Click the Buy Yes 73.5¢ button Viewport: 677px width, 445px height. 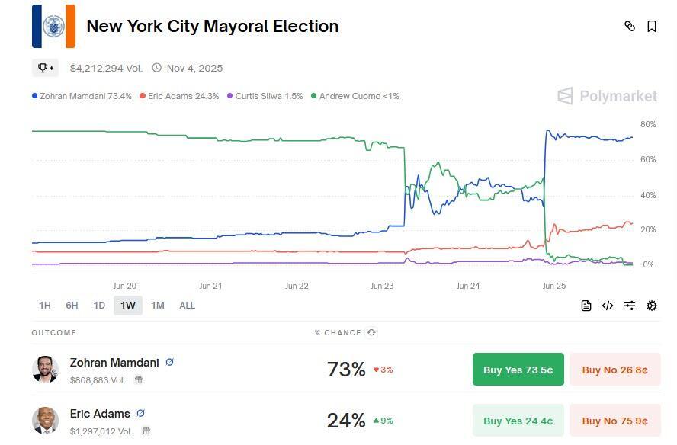click(x=518, y=370)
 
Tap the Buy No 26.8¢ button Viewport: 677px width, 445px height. click(x=614, y=370)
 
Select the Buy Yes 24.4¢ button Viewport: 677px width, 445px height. click(x=518, y=421)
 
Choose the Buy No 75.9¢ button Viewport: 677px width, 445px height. click(x=614, y=421)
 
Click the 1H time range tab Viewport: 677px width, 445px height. click(x=45, y=306)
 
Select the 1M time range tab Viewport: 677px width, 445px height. click(x=158, y=306)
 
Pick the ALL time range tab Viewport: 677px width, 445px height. click(x=187, y=306)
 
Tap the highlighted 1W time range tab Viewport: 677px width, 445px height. click(x=127, y=306)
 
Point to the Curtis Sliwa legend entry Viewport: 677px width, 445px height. click(x=268, y=96)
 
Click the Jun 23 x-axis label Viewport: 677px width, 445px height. click(x=382, y=286)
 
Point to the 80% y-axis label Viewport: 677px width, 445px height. click(x=648, y=124)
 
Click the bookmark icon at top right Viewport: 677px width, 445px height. click(x=652, y=26)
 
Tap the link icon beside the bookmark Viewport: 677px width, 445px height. click(x=630, y=26)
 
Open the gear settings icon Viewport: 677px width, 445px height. click(x=652, y=306)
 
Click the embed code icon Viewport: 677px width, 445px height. click(x=608, y=306)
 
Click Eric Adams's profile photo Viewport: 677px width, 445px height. click(x=45, y=420)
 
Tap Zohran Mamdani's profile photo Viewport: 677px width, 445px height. click(x=45, y=369)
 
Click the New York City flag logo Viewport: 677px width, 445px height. click(x=53, y=26)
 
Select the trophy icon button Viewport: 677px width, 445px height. click(x=45, y=68)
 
